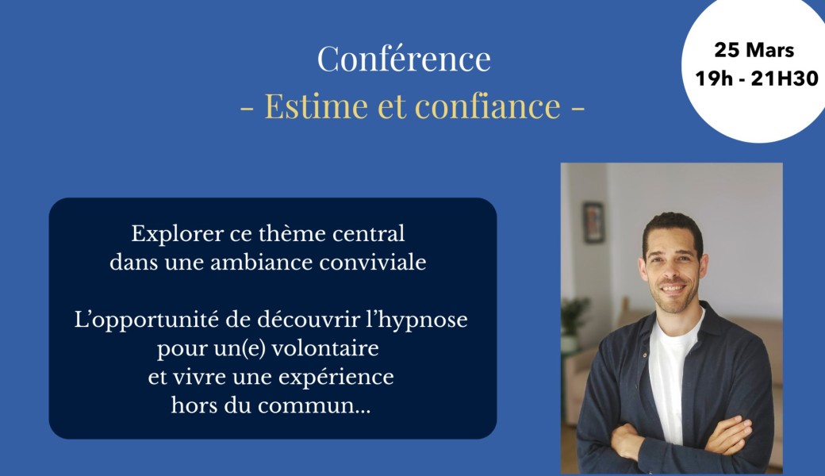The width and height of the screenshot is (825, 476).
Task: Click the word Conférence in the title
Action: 404,59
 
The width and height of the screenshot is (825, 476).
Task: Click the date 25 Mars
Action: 754,51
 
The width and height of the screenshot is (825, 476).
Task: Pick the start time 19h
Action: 711,79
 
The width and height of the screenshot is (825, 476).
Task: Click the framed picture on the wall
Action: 593,221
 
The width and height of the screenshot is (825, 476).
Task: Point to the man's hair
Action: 673,225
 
